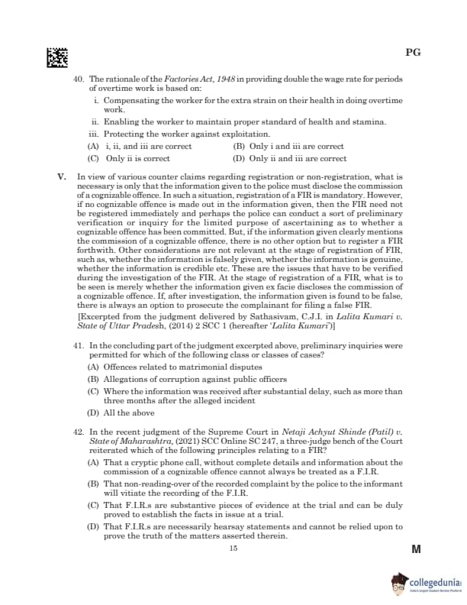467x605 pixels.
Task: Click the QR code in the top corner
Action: [x=57, y=57]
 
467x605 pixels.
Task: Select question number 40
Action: [x=78, y=79]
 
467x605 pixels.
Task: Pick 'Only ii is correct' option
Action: [x=130, y=159]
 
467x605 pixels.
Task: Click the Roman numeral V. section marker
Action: [x=63, y=177]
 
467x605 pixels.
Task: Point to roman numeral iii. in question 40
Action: [x=95, y=134]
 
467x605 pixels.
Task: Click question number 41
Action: [x=78, y=346]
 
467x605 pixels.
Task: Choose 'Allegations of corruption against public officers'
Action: [x=187, y=379]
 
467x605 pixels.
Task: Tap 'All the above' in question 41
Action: [x=121, y=412]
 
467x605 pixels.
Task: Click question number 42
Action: [x=78, y=432]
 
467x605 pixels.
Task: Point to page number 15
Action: [x=233, y=548]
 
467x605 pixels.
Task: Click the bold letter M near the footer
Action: [x=416, y=549]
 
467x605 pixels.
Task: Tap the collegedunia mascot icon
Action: [x=396, y=581]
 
